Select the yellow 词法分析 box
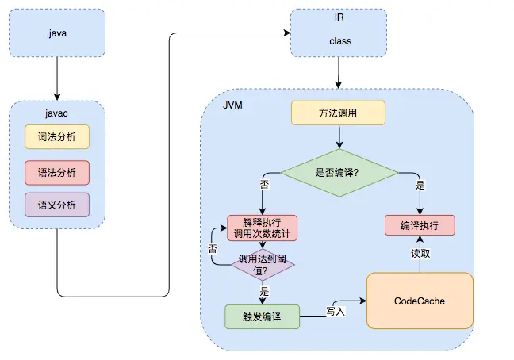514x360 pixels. tap(57, 136)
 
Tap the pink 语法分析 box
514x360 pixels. tap(57, 171)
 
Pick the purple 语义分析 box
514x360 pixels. tap(57, 205)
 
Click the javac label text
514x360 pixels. tap(57, 113)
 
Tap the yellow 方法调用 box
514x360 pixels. tap(338, 113)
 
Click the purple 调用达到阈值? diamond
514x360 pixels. tap(261, 266)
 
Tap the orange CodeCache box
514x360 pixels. tap(419, 301)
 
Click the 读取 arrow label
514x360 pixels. tap(420, 254)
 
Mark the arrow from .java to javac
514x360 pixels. tap(57, 82)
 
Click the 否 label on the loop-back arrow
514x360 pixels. tap(212, 247)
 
